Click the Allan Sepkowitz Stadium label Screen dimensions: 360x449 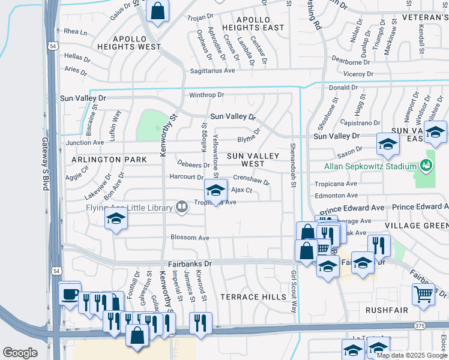[x=370, y=166]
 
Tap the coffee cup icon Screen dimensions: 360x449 [x=70, y=294]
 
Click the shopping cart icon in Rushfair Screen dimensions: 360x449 [x=423, y=295]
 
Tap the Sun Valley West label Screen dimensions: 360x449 [x=253, y=160]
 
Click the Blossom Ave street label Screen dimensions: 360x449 [x=190, y=238]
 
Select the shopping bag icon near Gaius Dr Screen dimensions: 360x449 [x=157, y=11]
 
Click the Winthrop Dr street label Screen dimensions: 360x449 [x=206, y=95]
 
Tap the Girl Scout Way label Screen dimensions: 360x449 [x=294, y=292]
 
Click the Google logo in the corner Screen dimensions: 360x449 [x=20, y=353]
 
